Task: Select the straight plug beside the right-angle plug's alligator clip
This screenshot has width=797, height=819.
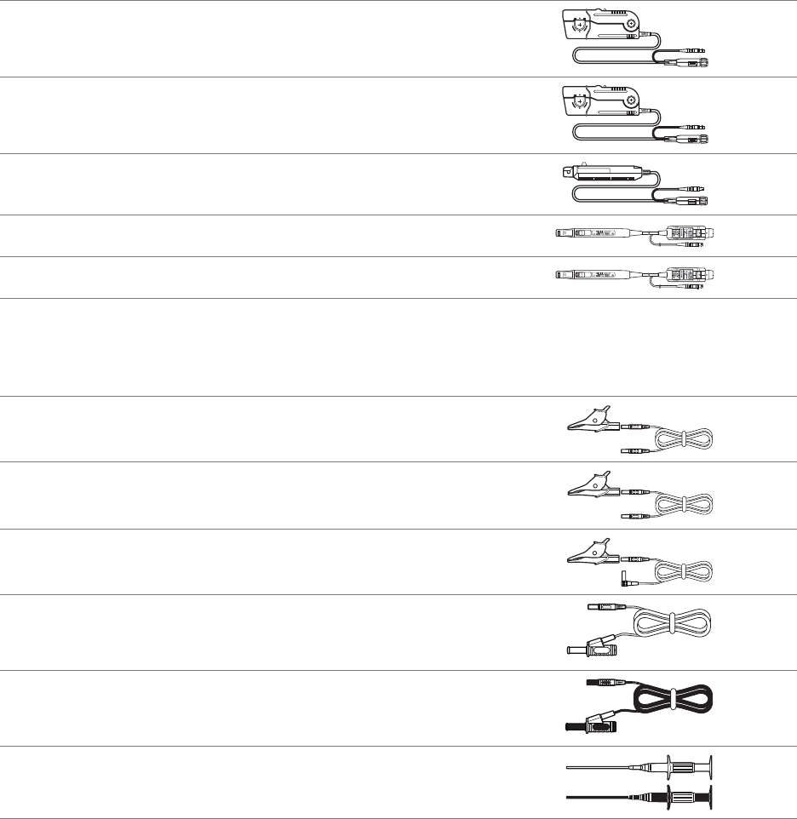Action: pos(634,559)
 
